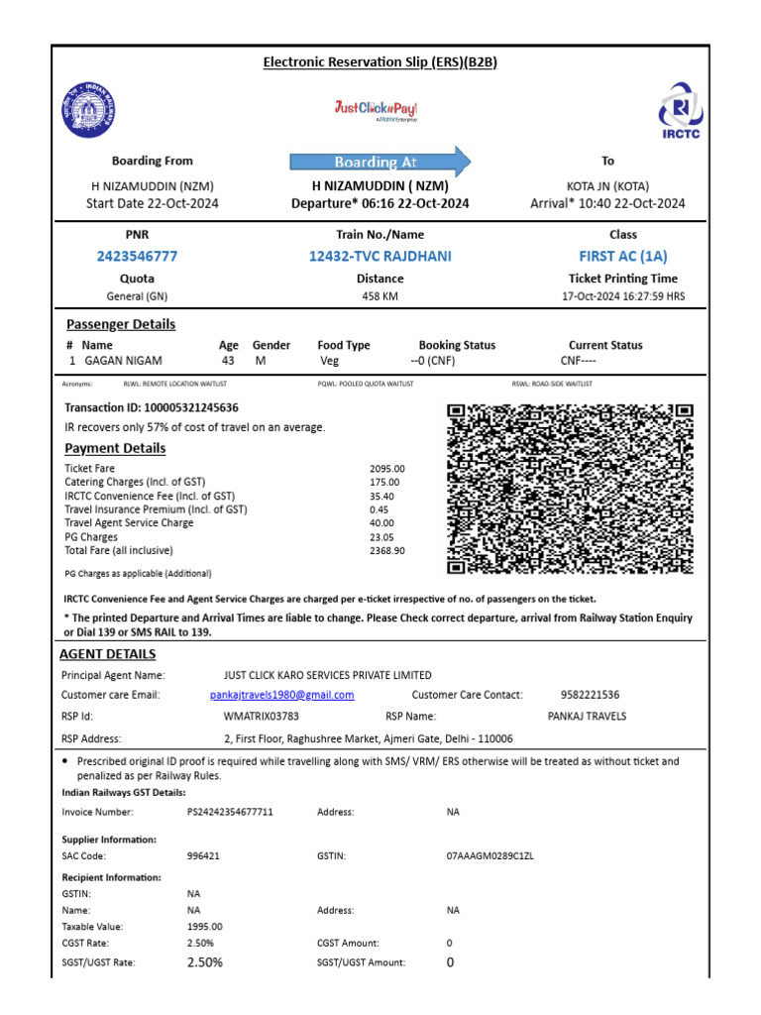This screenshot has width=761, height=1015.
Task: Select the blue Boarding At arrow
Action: [380, 162]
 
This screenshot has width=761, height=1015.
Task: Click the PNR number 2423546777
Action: [137, 256]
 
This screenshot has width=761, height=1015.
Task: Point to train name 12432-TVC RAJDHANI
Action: [380, 256]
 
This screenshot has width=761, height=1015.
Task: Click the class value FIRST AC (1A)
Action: [623, 256]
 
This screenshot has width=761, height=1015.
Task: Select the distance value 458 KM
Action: [380, 296]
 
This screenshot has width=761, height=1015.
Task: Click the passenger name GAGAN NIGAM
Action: [123, 361]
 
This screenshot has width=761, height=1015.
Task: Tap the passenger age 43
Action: [228, 361]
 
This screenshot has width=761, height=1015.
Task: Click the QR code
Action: [570, 490]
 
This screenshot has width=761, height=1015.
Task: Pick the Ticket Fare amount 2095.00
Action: [386, 469]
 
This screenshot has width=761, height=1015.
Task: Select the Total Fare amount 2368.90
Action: [386, 550]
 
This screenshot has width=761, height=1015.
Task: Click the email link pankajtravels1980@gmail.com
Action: [282, 695]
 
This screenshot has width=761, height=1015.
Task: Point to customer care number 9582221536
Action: [589, 695]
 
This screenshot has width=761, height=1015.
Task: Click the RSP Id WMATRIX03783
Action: [262, 715]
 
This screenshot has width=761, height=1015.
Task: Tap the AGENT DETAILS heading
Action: [107, 654]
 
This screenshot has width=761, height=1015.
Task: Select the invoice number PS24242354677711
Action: [230, 812]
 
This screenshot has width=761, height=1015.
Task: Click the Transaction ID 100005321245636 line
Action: [152, 407]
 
